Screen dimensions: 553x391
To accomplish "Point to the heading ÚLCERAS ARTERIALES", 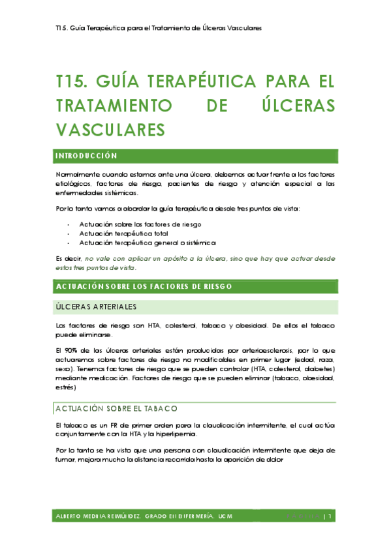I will coord(96,307).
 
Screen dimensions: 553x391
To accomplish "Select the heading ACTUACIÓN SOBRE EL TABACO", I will coord(116,409).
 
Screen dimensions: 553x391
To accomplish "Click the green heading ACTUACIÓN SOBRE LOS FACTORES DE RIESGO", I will coord(144,286).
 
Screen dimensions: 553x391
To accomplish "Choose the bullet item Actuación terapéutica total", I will coord(123,233).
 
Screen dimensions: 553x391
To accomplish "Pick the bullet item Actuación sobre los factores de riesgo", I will coord(140,224).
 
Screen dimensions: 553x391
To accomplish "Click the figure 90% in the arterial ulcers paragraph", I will coord(72,350).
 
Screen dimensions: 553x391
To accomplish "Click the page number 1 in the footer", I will coord(332,517).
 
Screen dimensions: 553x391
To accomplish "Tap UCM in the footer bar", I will coord(226,517).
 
